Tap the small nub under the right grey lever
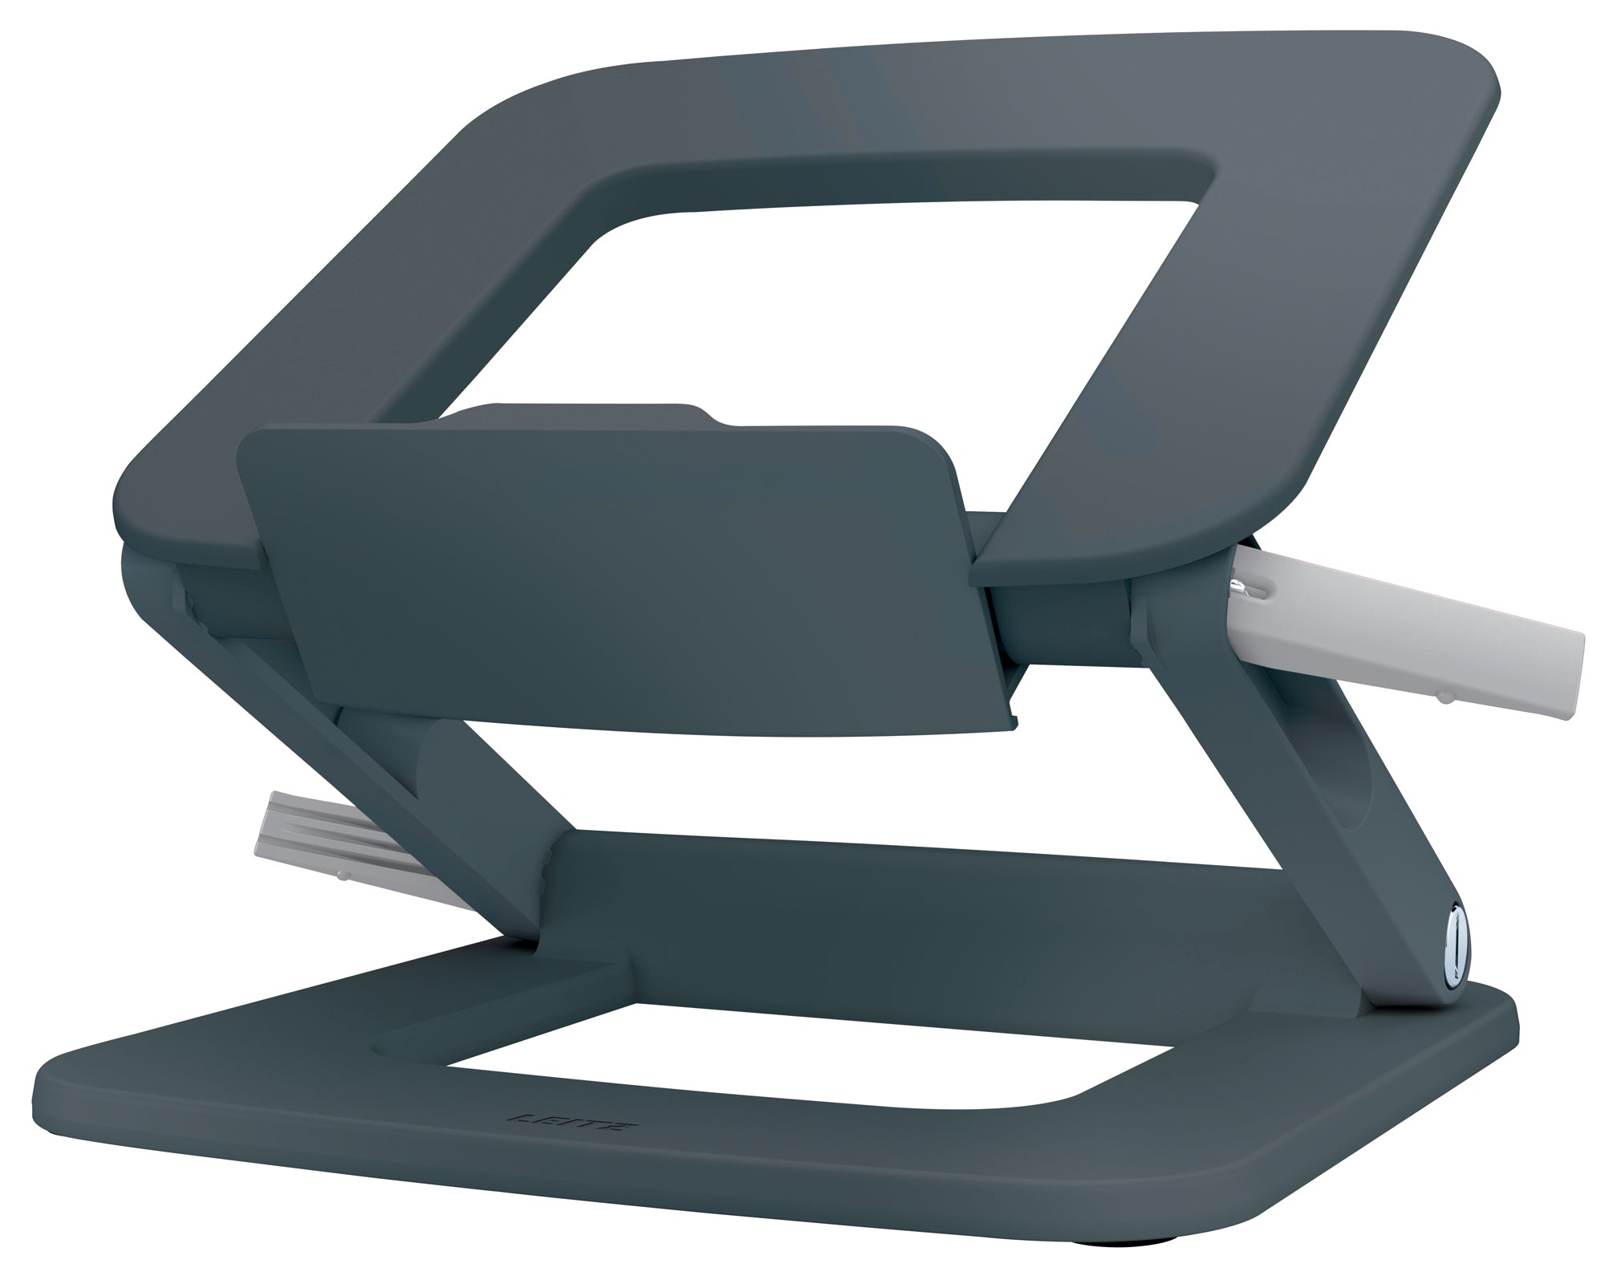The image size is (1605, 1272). (1441, 699)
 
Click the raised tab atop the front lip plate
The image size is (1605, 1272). (586, 417)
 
